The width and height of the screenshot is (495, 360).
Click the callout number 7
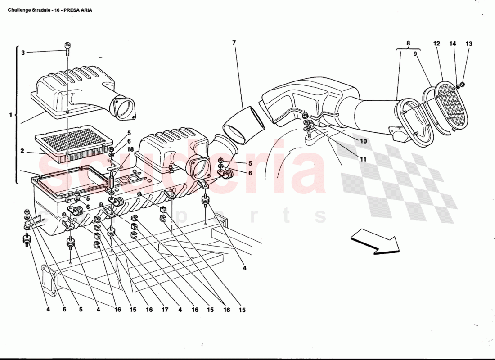[x=234, y=43]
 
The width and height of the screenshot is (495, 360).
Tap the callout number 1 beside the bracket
[x=10, y=115]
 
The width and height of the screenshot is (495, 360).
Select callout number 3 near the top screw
[x=23, y=53]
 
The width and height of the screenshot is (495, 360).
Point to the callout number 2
[x=22, y=151]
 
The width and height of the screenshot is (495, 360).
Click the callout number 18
[x=130, y=149]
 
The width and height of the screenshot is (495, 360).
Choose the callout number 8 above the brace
[x=408, y=43]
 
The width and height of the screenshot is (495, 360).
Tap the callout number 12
[x=436, y=44]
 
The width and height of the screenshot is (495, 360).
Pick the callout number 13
[x=469, y=44]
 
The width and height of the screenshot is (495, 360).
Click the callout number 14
[x=453, y=44]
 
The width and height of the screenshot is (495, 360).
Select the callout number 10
[x=363, y=141]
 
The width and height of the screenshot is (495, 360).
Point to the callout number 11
[x=363, y=159]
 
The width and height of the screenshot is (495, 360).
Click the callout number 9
[x=415, y=54]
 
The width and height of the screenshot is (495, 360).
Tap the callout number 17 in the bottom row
[x=165, y=310]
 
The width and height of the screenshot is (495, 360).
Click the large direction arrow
[x=375, y=241]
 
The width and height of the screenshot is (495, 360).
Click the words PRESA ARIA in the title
[x=78, y=10]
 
